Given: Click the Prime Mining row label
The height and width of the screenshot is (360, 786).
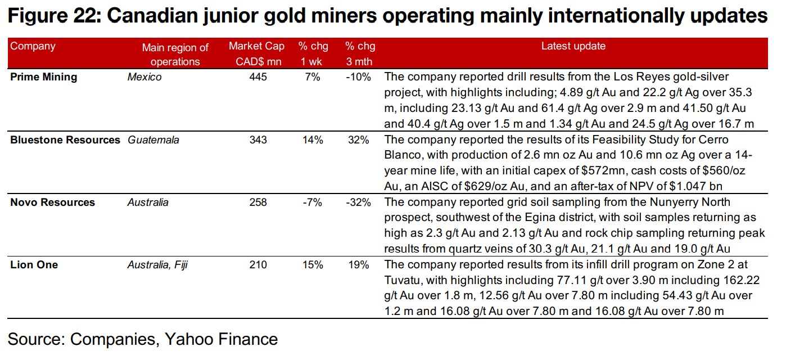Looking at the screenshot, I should pos(44,77).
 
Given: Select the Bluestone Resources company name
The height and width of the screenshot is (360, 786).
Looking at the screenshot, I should pos(65,140).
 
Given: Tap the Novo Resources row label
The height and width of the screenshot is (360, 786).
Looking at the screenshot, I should pos(53,202).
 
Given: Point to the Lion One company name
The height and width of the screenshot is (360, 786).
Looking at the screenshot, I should pos(34,264).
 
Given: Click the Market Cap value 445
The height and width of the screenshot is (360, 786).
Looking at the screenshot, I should pos(258,77).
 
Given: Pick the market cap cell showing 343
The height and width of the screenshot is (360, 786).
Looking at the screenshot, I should pos(258,140).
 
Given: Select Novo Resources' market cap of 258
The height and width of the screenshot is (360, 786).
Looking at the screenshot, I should pos(258,202).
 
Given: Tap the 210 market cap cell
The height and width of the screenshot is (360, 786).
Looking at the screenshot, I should pos(258,264).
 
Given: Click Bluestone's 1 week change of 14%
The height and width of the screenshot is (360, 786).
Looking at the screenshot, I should pos(313,140).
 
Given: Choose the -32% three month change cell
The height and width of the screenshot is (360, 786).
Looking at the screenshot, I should pos(358,202).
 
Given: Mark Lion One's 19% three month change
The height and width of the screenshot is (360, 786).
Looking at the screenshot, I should pos(360,264).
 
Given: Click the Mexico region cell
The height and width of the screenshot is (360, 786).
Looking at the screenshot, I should pos(144,77).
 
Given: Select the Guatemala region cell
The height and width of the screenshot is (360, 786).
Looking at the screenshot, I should pos(153,140).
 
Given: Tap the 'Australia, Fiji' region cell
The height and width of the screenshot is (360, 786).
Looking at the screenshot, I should pos(157,264).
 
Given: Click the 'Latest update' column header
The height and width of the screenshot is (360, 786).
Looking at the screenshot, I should pos(573,47).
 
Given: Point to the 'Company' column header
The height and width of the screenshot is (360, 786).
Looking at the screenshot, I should pos(33,47).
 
